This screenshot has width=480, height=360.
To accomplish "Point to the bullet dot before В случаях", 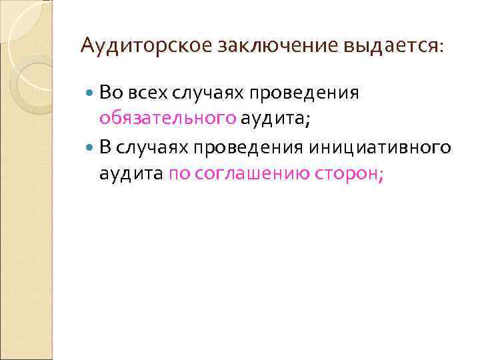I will tap(91, 147).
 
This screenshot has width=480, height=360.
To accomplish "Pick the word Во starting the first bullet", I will tap(110, 93).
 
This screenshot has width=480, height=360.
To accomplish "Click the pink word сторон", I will tap(350, 173).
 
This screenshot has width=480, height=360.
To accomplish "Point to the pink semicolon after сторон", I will tap(381, 175).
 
